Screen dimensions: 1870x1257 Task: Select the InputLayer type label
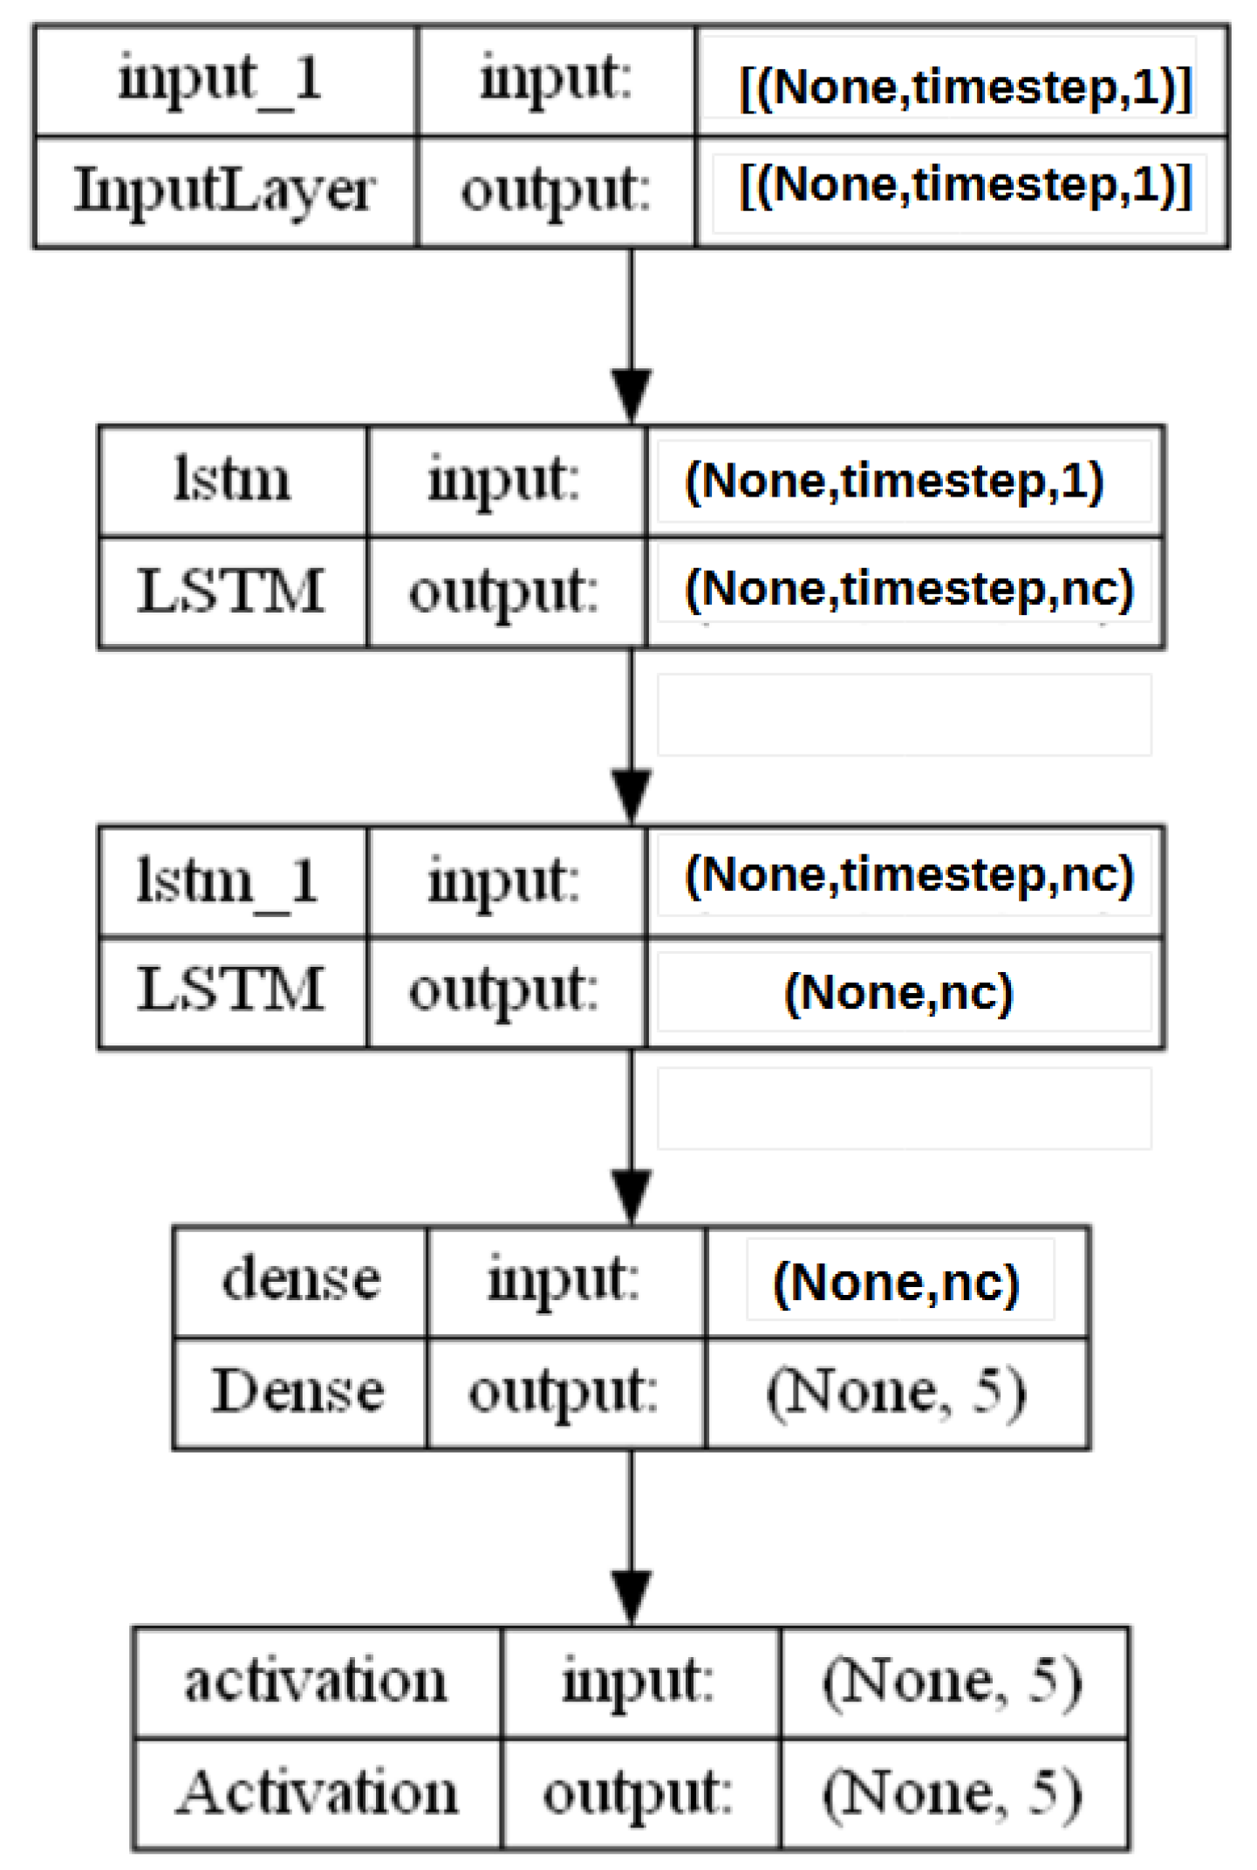coord(224,190)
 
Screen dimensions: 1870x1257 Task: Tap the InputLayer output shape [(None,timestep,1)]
coord(965,186)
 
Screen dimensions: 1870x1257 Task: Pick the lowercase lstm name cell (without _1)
coord(232,481)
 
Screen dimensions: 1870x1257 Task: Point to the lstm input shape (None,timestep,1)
coord(895,481)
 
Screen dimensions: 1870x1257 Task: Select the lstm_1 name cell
coord(229,881)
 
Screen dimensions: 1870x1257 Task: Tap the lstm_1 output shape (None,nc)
coord(898,992)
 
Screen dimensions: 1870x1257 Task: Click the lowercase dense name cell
coord(300,1280)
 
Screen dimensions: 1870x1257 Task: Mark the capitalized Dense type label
coord(298,1391)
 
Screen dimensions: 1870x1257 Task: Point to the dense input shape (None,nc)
coord(897,1283)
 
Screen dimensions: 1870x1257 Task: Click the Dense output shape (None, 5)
coord(897,1392)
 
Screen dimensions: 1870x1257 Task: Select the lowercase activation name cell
coord(316,1682)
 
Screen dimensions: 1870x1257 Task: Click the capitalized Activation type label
coord(316,1793)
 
